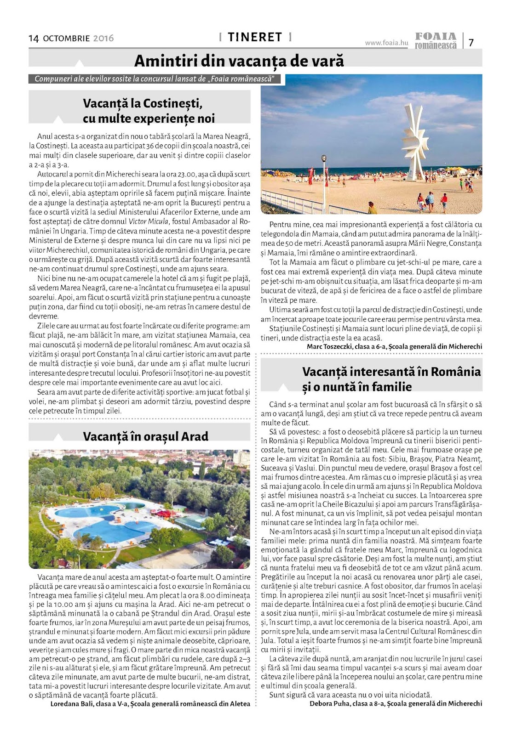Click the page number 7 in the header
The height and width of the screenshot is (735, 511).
[471, 42]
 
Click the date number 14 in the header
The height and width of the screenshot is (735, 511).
[34, 38]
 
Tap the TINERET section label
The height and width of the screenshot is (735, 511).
[255, 37]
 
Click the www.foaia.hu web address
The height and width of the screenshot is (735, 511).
[386, 43]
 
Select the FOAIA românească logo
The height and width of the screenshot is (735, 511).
[435, 40]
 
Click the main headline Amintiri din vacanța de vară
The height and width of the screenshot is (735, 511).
[239, 61]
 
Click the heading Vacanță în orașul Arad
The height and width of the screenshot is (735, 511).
[145, 436]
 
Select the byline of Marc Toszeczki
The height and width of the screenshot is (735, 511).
[394, 346]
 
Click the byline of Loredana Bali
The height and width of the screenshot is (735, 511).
[150, 703]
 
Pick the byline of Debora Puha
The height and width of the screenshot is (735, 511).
[396, 703]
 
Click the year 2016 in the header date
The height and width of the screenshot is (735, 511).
[103, 39]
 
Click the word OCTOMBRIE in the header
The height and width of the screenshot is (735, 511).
[66, 39]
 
